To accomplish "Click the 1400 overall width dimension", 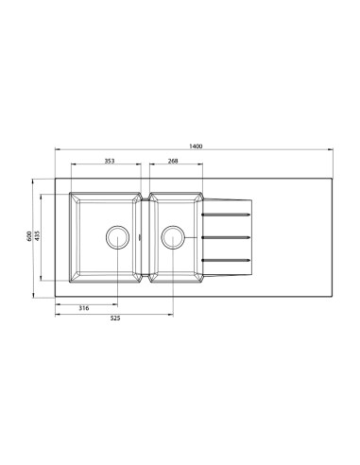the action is (196, 146).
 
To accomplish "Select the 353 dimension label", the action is (110, 161).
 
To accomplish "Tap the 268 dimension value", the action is (173, 161).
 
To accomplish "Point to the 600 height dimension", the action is (29, 236).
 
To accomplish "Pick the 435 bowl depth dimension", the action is (37, 236).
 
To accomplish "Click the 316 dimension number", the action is (84, 308).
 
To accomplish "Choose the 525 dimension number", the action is (115, 319).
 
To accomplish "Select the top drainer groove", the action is (226, 215).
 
